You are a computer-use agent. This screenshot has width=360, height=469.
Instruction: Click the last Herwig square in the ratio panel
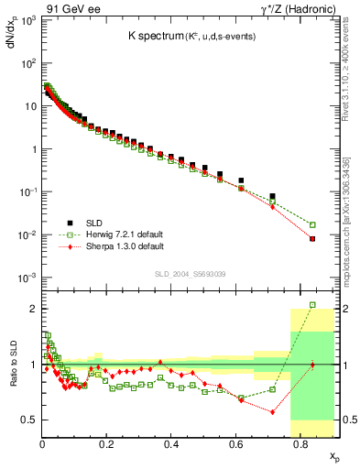pos(312,305)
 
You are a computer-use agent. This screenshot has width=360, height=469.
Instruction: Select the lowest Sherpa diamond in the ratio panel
pos(273,412)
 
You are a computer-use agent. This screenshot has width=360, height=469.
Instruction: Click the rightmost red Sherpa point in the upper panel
pos(312,239)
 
